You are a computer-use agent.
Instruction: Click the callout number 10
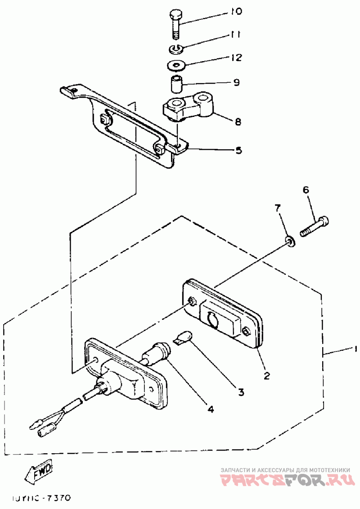pyautogui.click(x=235, y=11)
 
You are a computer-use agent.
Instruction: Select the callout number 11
pyautogui.click(x=235, y=35)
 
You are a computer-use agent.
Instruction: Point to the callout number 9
pyautogui.click(x=236, y=83)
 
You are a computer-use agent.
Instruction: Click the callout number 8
pyautogui.click(x=237, y=121)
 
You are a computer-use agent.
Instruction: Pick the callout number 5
pyautogui.click(x=238, y=150)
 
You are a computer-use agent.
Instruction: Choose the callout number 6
pyautogui.click(x=306, y=190)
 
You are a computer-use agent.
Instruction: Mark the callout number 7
pyautogui.click(x=278, y=208)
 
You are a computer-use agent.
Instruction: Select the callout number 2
pyautogui.click(x=266, y=375)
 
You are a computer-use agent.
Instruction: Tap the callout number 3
pyautogui.click(x=241, y=392)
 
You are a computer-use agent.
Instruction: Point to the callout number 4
pyautogui.click(x=210, y=409)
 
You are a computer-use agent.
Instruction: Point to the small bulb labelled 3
pyautogui.click(x=184, y=337)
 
